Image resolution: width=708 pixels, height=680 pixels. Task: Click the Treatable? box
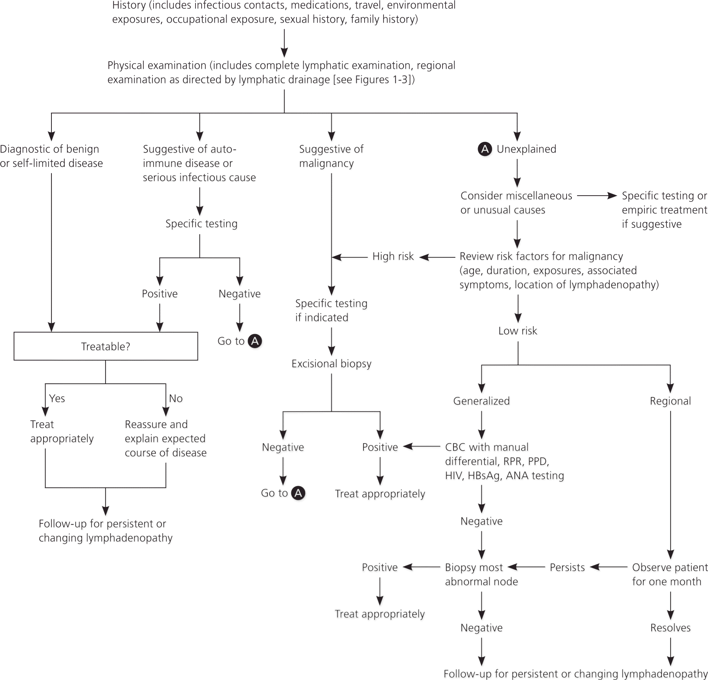106,346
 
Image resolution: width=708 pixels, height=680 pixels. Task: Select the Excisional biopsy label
331,364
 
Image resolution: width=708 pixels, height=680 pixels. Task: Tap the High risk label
393,257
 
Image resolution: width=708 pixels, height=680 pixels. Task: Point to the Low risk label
517,331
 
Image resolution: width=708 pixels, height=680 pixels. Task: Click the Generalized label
481,401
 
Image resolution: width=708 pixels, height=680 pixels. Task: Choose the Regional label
670,401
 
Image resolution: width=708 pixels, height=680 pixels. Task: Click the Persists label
567,567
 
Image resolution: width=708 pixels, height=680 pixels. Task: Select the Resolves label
670,628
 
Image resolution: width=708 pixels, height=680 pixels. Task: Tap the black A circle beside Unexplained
485,149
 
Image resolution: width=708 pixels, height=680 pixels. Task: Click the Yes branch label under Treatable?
57,398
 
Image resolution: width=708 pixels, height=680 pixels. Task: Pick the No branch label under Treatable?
175,398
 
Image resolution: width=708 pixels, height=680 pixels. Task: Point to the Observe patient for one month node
669,574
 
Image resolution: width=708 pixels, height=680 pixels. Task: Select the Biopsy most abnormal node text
481,574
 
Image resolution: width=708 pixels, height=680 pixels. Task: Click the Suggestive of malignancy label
331,156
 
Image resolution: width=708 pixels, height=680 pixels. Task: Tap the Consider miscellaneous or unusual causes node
516,203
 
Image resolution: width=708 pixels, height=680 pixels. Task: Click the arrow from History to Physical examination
284,43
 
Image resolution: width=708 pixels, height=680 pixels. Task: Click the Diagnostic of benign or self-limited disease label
51,156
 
